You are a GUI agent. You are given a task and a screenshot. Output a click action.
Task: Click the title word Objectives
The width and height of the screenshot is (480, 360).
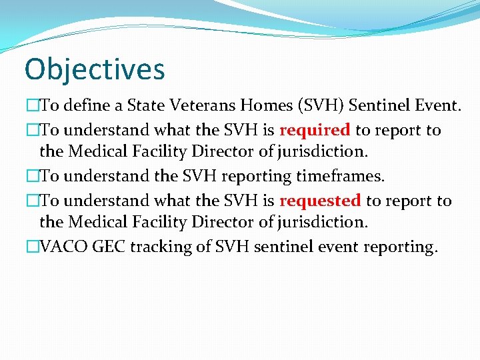point(94,69)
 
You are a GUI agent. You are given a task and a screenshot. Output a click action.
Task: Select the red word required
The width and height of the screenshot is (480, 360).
point(315,130)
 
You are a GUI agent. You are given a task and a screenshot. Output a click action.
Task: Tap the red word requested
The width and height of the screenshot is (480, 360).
point(320,201)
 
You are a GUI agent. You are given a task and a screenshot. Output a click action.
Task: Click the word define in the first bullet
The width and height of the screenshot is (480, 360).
point(85,105)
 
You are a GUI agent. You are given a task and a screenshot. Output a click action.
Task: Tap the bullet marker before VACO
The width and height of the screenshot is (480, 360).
point(32,247)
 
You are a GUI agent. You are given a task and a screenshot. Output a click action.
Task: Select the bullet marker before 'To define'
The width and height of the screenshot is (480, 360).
point(32,105)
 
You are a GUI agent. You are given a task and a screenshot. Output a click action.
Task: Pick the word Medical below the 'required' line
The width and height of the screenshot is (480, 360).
point(97,151)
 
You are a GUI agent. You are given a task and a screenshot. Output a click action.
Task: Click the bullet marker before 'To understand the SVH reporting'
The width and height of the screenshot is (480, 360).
point(32,176)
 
